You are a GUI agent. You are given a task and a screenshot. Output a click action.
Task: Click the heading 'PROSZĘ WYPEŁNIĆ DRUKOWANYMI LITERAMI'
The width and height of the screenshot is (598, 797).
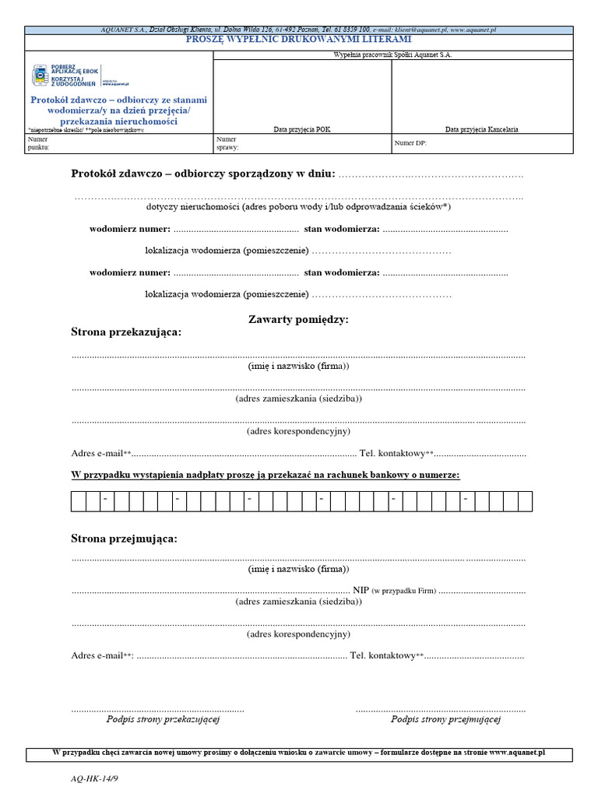(x=299, y=39)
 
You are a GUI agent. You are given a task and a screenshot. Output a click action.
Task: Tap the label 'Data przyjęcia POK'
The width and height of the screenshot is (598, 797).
(x=302, y=129)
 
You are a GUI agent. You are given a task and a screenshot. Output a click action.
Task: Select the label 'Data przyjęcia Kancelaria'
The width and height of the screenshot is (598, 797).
(x=481, y=129)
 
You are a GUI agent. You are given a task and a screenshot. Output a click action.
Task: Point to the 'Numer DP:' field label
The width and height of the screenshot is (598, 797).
(x=410, y=143)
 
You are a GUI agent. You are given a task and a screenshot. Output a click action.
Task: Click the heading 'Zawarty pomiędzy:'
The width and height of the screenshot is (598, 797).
(x=298, y=320)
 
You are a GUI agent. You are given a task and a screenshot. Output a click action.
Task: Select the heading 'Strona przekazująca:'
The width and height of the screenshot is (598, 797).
(x=126, y=332)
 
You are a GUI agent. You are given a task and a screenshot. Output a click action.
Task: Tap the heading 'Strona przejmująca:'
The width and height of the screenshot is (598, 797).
(x=124, y=539)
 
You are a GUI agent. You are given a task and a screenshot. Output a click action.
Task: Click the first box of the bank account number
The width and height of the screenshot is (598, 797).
(x=78, y=501)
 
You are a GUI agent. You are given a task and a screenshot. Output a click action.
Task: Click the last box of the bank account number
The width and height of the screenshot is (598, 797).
(x=525, y=501)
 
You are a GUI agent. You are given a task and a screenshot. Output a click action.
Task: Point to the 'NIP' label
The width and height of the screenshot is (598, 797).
(x=361, y=591)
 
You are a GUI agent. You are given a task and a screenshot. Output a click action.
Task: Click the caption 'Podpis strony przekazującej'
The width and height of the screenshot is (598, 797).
(x=163, y=720)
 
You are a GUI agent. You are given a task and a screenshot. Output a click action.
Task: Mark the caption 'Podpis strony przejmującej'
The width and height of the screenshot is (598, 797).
(x=445, y=720)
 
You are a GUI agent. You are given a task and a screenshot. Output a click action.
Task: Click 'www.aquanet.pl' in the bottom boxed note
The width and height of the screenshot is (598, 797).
(x=517, y=753)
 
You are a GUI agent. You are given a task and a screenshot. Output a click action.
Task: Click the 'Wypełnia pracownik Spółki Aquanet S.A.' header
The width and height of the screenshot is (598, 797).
(x=392, y=55)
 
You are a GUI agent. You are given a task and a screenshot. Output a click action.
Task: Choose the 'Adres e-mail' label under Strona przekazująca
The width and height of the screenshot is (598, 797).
(x=97, y=454)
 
